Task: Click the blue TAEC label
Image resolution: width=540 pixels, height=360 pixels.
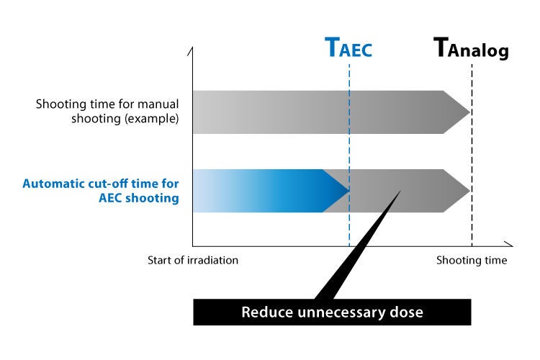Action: tap(348, 48)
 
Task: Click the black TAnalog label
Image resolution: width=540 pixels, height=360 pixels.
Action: tap(471, 48)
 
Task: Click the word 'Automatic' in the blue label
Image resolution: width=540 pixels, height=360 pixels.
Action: tap(54, 184)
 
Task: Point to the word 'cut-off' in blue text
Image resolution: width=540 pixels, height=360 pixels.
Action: tap(108, 184)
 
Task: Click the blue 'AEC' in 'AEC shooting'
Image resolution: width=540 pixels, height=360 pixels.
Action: tap(110, 198)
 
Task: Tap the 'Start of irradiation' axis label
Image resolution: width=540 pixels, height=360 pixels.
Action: tap(193, 260)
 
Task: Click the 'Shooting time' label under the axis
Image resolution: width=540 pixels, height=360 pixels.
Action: tap(472, 260)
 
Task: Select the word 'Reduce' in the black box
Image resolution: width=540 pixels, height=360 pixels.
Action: tap(267, 312)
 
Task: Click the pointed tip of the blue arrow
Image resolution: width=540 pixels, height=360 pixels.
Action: tap(349, 191)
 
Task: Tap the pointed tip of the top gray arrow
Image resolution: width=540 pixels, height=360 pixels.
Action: tap(470, 112)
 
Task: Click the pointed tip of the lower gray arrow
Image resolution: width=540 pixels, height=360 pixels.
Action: tap(470, 191)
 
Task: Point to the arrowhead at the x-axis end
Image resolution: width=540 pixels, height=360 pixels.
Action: tap(513, 246)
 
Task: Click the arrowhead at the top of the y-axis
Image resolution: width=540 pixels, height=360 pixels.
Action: tap(192, 48)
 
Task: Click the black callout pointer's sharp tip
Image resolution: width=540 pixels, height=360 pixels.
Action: tap(401, 191)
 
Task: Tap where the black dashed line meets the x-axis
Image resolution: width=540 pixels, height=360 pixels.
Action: tap(472, 246)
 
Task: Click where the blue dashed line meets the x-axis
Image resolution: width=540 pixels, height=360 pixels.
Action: tap(349, 246)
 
